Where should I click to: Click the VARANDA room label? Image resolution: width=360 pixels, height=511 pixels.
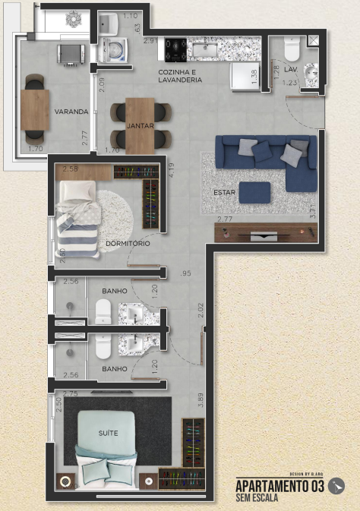pyautogui.click(x=71, y=112)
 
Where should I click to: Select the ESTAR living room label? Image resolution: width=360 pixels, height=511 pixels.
pyautogui.click(x=224, y=193)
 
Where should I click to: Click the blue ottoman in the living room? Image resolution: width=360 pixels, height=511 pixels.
pyautogui.click(x=254, y=191)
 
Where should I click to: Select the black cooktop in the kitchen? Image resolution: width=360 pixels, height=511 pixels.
pyautogui.click(x=176, y=50)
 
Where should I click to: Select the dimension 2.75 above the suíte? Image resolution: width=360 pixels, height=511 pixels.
pyautogui.click(x=71, y=393)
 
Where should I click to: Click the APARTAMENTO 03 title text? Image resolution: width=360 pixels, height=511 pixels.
pyautogui.click(x=280, y=486)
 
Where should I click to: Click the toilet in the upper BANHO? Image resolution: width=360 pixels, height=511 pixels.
pyautogui.click(x=104, y=311)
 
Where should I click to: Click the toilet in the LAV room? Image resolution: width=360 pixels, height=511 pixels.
pyautogui.click(x=292, y=50)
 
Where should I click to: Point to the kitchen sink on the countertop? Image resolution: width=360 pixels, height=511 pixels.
pyautogui.click(x=204, y=50)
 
